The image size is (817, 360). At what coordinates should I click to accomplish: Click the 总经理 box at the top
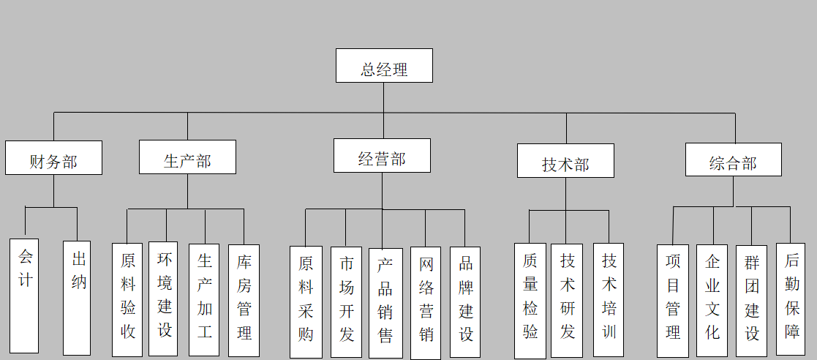tap(384, 66)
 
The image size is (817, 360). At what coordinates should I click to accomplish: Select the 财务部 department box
tap(53, 157)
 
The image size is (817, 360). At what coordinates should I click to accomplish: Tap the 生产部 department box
tap(187, 157)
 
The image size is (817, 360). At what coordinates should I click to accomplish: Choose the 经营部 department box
tap(382, 155)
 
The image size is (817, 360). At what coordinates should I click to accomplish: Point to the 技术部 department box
tap(565, 160)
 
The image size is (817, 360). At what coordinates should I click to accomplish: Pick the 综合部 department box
tap(733, 160)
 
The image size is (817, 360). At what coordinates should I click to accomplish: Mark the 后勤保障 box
tap(791, 299)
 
